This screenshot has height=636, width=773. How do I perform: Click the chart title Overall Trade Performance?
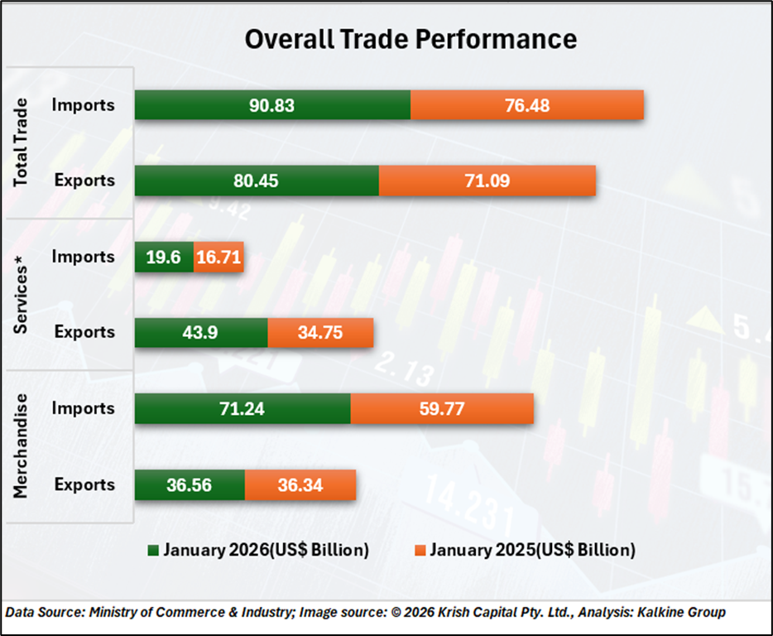click(411, 39)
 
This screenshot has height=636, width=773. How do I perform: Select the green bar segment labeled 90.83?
click(272, 105)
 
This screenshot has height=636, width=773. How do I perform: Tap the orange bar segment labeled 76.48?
click(526, 105)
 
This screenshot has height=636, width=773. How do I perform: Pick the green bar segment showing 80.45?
click(257, 181)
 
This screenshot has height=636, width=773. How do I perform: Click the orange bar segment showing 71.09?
click(487, 181)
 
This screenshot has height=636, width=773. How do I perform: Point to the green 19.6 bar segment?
click(164, 257)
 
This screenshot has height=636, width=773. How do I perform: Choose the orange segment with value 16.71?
click(218, 257)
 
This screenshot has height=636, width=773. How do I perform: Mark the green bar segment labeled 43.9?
click(201, 332)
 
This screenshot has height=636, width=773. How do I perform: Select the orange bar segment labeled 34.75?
click(320, 332)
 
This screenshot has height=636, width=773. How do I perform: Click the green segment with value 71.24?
click(242, 408)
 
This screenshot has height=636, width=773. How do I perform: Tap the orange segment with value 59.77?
click(442, 408)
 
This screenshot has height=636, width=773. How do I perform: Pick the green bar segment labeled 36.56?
click(190, 484)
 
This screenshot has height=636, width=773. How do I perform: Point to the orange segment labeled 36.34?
click(300, 484)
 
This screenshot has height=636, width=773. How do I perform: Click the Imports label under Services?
click(83, 257)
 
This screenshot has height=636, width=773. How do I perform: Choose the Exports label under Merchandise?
click(84, 484)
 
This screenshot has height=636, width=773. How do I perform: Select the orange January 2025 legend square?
click(419, 550)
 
